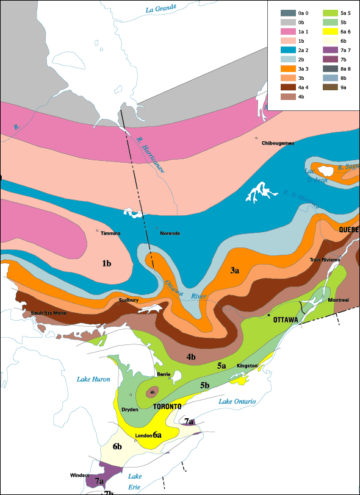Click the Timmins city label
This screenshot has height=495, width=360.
tap(110, 233)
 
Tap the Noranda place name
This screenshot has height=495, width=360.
tap(170, 233)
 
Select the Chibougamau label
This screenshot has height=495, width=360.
tap(278, 143)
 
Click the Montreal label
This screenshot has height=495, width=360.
tap(337, 300)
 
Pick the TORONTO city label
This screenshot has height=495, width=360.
tap(167, 406)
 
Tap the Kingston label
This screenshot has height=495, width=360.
tap(247, 365)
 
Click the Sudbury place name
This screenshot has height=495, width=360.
tap(129, 300)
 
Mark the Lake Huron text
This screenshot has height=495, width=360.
tap(93, 379)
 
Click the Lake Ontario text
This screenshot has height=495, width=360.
tap(236, 401)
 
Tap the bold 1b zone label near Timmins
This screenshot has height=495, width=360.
tap(106, 263)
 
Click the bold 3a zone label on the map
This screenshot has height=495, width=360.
tap(234, 269)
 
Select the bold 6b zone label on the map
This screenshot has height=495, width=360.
tap(117, 447)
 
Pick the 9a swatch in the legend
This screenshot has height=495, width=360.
tap(329, 87)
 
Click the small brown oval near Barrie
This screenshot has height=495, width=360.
tap(153, 392)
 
